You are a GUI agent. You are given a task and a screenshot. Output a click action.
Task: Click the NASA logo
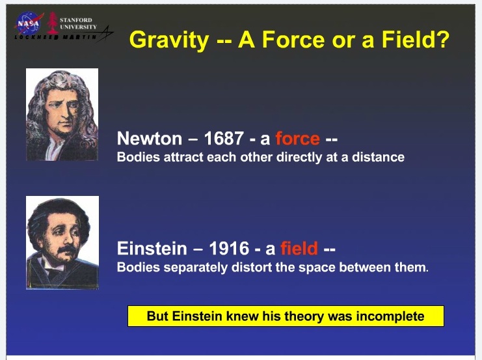[x=29, y=23]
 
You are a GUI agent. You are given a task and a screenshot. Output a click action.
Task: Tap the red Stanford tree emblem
[x=52, y=23]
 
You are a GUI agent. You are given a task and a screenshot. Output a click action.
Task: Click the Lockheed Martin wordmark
[x=56, y=37]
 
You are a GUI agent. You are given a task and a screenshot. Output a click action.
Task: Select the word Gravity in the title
[x=169, y=40]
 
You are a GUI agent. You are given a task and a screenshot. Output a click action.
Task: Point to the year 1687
[x=224, y=138]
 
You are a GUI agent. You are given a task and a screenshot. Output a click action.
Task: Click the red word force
[x=297, y=138]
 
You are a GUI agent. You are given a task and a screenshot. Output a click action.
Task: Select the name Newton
[x=150, y=138]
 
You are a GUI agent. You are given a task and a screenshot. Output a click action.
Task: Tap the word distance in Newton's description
[x=378, y=157]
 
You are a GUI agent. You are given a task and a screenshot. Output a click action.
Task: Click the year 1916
[x=229, y=248]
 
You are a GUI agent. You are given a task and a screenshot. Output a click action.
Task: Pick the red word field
[x=299, y=248]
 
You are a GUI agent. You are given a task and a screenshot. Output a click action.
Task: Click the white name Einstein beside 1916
[x=152, y=248]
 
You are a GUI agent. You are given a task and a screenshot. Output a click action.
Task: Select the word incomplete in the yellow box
[x=390, y=316]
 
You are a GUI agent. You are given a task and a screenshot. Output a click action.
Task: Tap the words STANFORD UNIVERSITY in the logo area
[x=78, y=23]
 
